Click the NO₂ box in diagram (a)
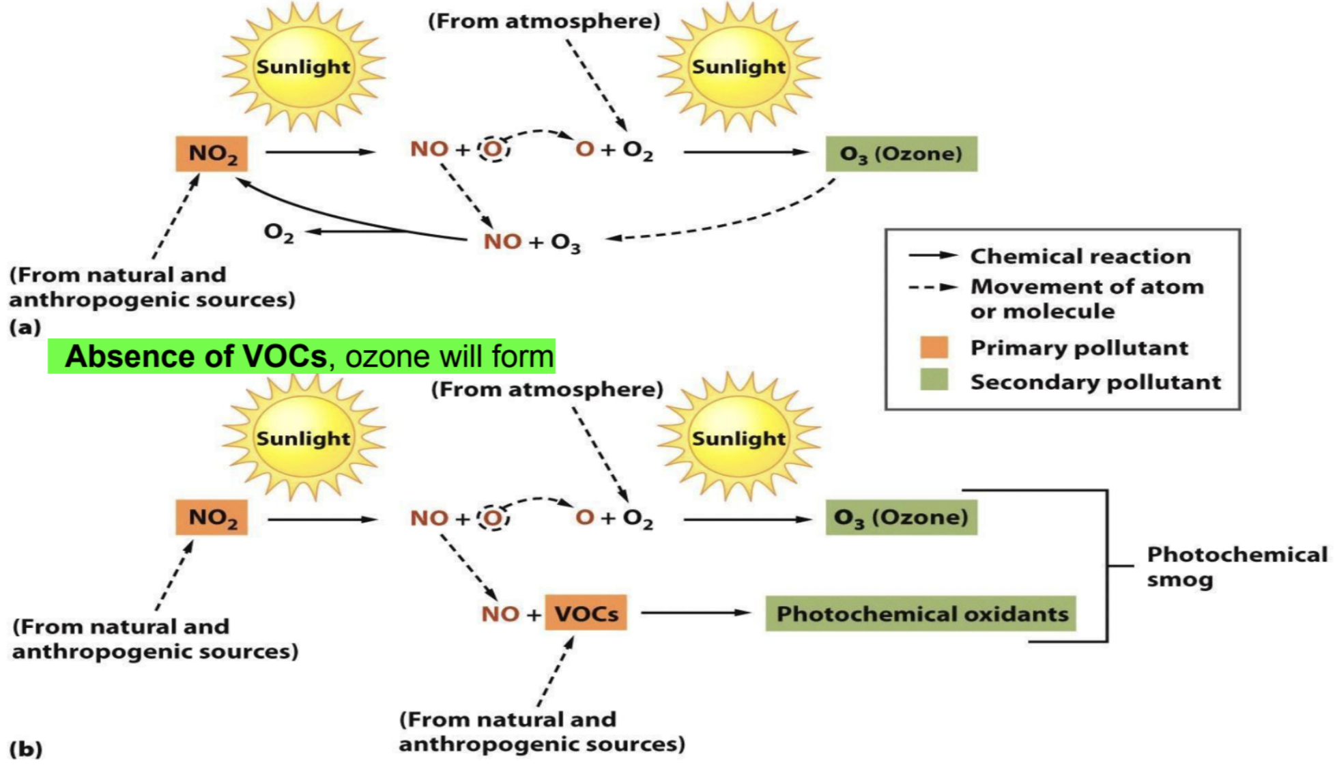[212, 154]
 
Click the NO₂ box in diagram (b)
[212, 517]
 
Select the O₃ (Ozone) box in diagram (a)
[901, 154]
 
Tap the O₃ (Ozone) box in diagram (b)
[901, 517]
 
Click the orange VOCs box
[586, 613]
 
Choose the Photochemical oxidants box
[921, 613]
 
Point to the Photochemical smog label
[1235, 566]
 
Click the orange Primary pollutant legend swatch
[934, 347]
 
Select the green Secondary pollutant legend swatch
[934, 379]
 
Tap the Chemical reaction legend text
[1080, 256]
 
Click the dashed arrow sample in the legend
[932, 287]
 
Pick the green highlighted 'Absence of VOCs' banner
[301, 356]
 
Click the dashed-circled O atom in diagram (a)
[493, 149]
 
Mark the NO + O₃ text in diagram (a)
[532, 242]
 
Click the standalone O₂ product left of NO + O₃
[278, 233]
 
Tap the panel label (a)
[25, 327]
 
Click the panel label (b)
[26, 749]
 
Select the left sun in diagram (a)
[303, 67]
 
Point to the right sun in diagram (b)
[738, 438]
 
